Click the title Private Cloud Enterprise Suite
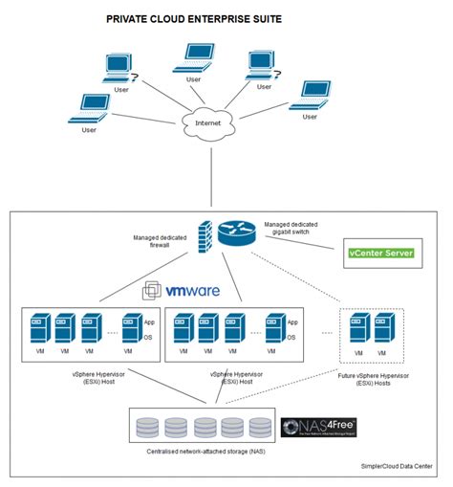194,18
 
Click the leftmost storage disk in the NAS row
147,426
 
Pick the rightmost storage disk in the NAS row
260,426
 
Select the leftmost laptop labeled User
93,109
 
